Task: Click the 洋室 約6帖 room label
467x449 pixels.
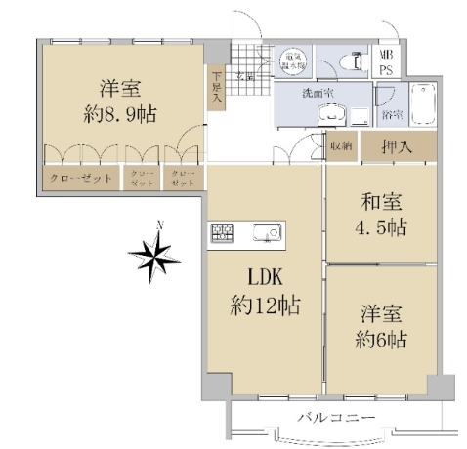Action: (x=381, y=328)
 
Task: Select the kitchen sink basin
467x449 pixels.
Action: (x=266, y=232)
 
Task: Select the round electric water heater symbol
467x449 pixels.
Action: (x=293, y=61)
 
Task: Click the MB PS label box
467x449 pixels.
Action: (x=385, y=63)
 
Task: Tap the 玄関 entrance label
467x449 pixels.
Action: (x=244, y=75)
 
